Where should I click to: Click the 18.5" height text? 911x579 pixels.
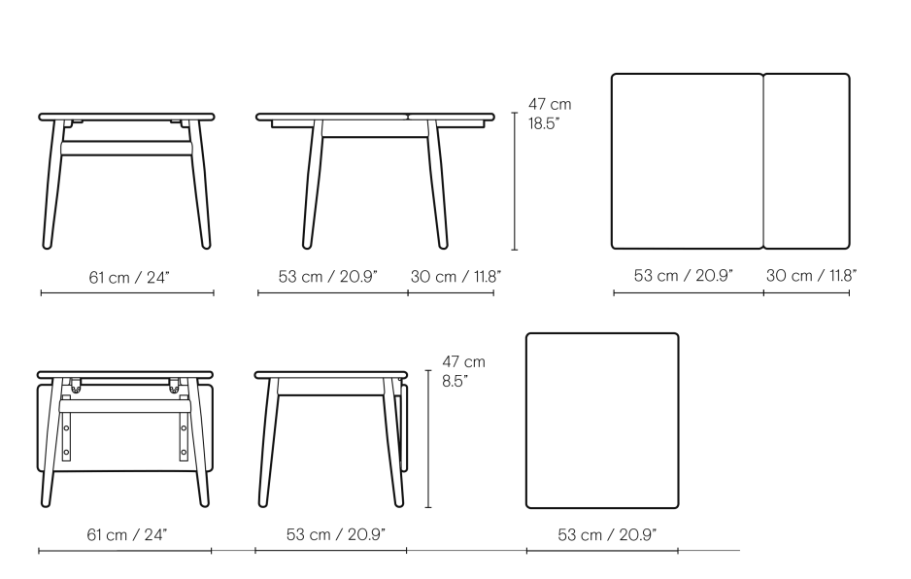[x=544, y=123]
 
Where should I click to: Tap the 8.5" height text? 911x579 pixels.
[x=454, y=382]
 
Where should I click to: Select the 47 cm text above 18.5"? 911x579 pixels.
[x=550, y=104]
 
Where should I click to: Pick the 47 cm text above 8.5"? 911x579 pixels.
[x=463, y=361]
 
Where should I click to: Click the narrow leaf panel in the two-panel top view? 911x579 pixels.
[x=806, y=161]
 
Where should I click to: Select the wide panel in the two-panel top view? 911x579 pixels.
[x=688, y=161]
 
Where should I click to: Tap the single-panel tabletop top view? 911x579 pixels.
[x=602, y=421]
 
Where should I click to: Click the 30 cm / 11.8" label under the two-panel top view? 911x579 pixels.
[x=811, y=276]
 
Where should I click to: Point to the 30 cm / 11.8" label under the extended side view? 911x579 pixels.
[x=455, y=277]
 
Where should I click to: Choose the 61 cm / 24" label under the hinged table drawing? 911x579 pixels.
[x=126, y=535]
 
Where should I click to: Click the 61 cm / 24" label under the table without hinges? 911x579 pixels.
[x=128, y=277]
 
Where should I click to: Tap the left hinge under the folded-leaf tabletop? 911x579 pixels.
[x=75, y=385]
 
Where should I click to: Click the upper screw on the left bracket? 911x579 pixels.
[x=66, y=427]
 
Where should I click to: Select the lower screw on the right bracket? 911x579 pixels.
[x=184, y=452]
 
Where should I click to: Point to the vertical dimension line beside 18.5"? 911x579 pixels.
[x=515, y=182]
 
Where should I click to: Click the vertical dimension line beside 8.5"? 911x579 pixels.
[x=428, y=439]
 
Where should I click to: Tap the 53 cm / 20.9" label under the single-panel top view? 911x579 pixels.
[x=607, y=535]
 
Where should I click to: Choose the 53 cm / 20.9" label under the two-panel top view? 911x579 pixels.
[x=684, y=276]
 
